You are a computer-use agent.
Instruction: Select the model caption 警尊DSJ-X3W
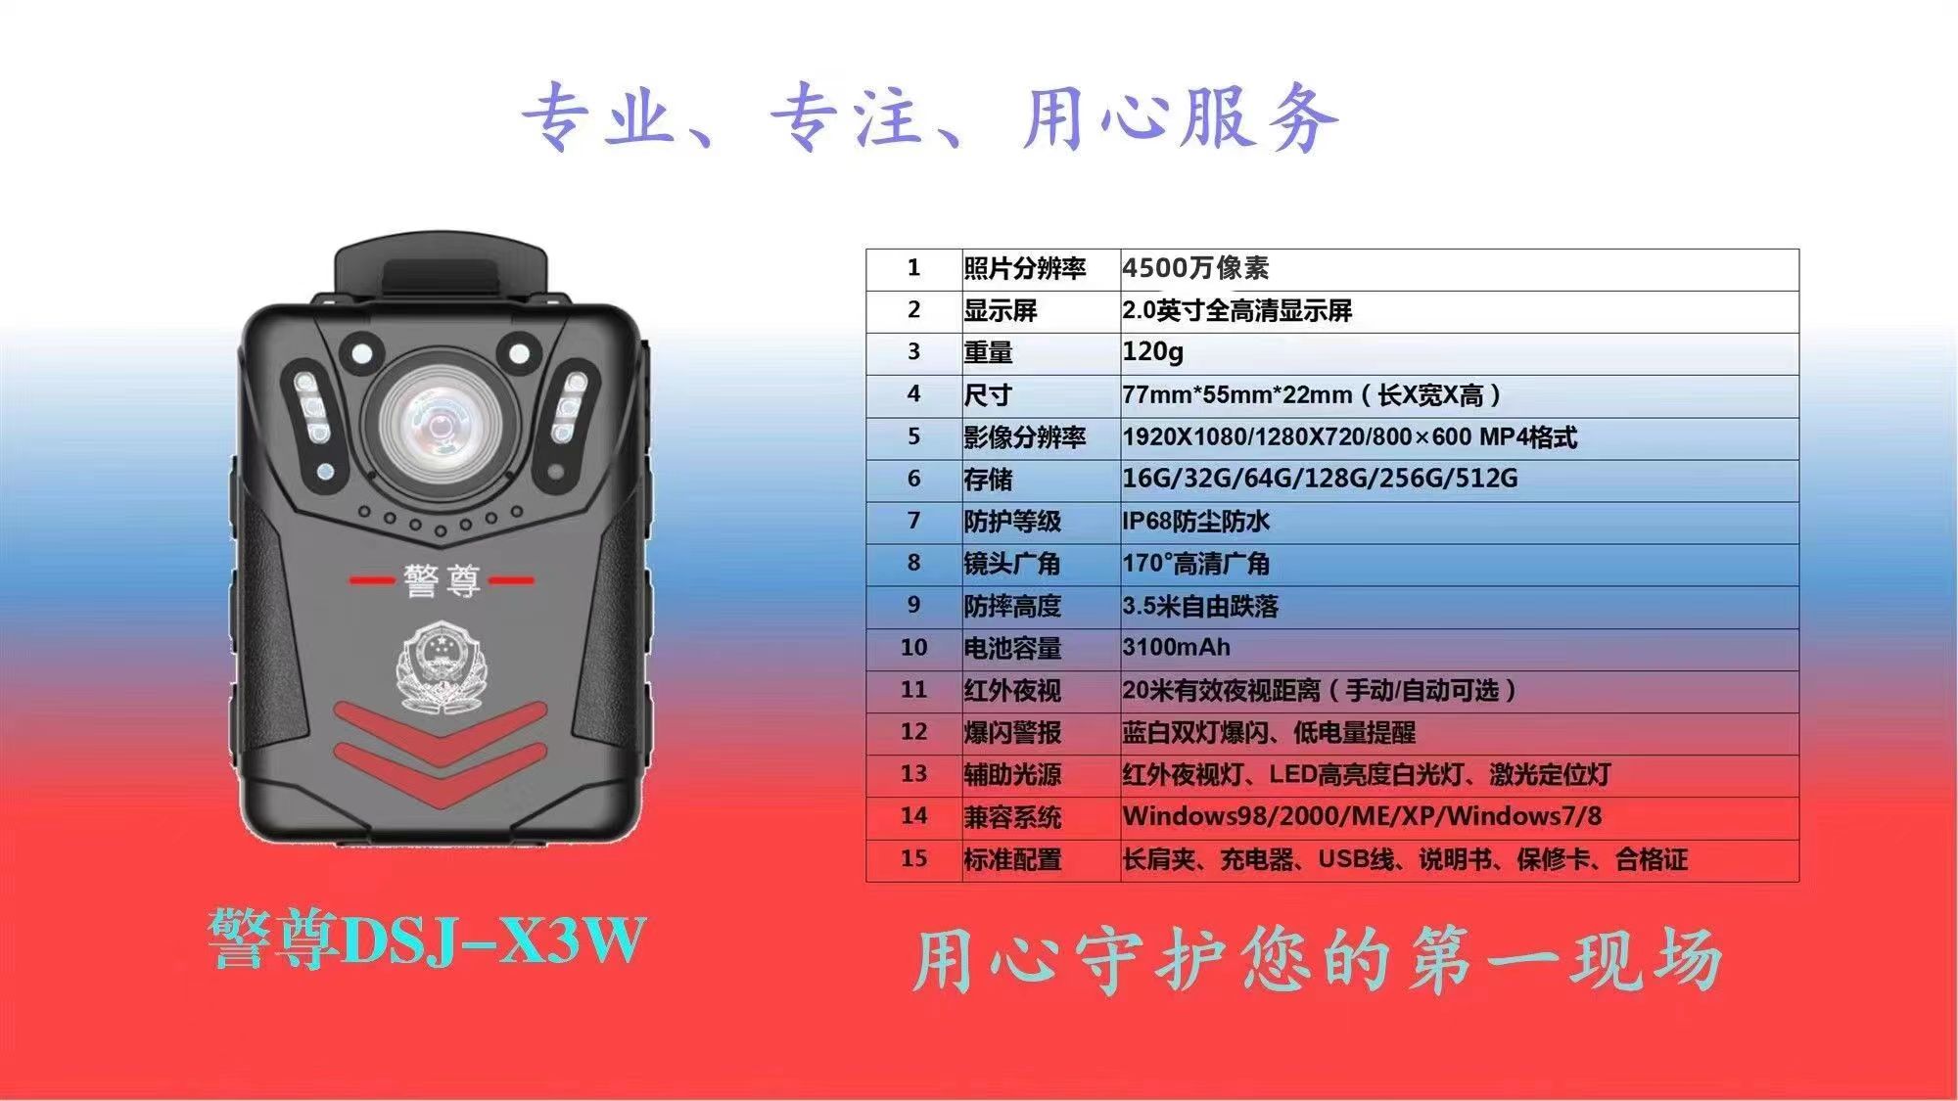427,940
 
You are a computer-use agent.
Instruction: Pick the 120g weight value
1152,352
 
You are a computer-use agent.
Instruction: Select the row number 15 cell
913,859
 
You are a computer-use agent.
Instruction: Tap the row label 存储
988,480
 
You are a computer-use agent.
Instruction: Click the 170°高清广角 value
1195,564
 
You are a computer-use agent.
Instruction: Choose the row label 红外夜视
1012,691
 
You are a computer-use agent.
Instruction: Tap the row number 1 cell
913,268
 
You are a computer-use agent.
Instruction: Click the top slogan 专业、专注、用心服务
929,117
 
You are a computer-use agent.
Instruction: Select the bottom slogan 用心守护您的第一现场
1317,959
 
